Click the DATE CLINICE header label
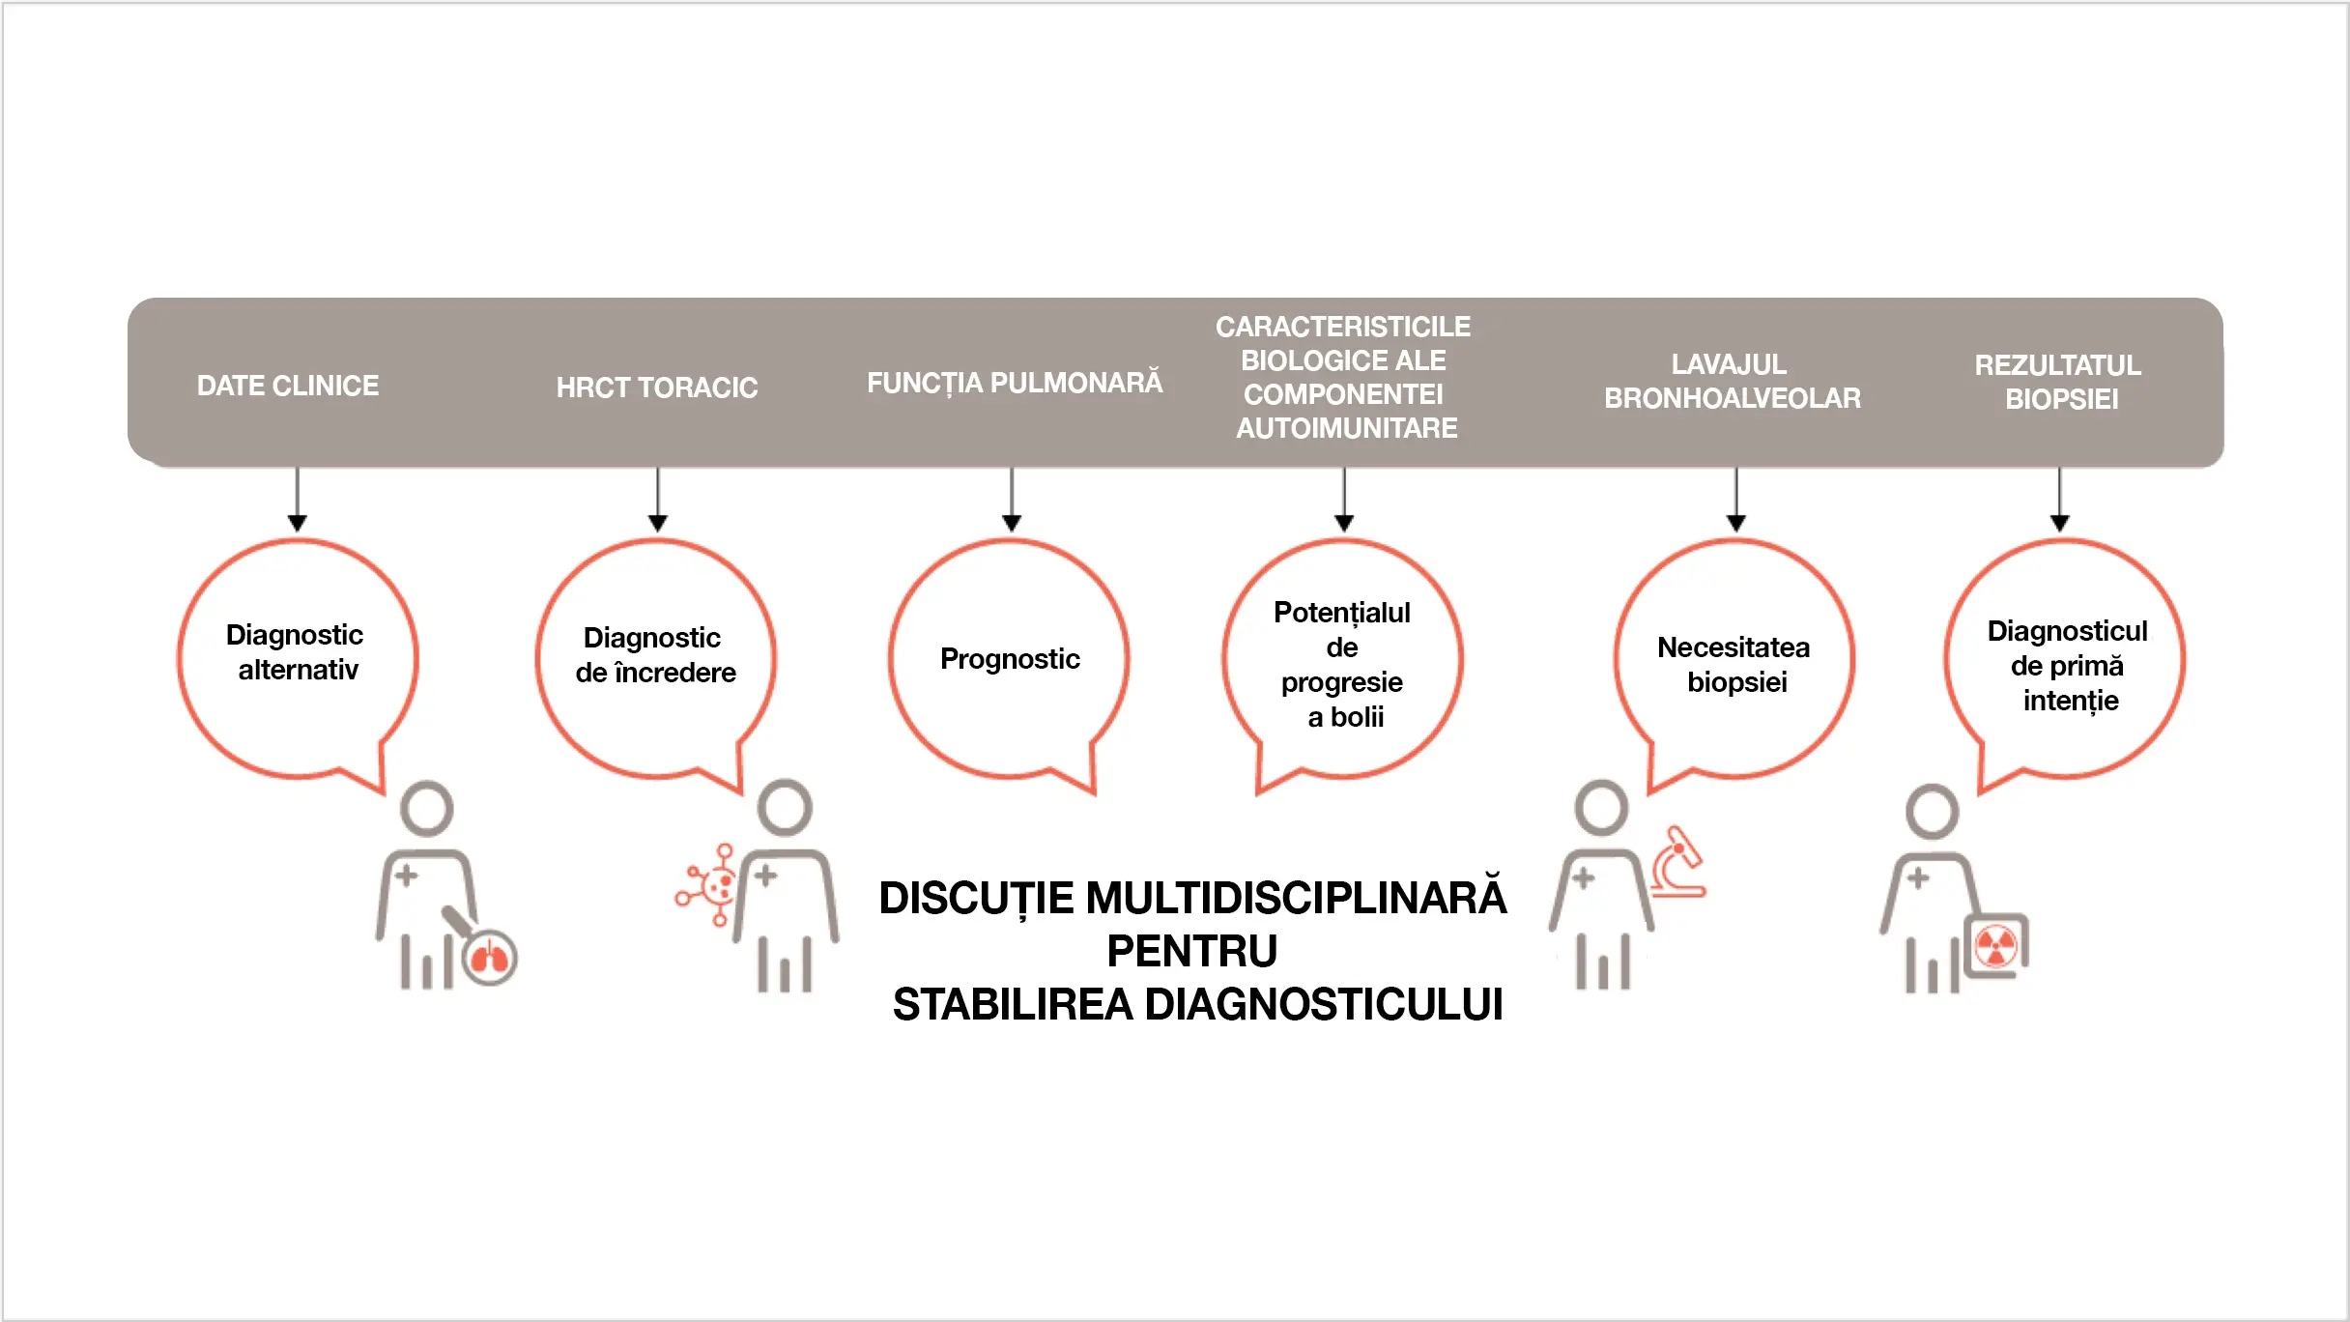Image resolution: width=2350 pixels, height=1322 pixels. point(287,386)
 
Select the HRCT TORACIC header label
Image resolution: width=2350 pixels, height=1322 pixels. point(657,388)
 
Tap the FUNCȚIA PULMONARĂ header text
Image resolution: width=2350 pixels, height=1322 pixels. point(1015,383)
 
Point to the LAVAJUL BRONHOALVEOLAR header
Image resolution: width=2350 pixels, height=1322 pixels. point(1732,381)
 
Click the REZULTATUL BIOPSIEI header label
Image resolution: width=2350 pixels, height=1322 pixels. point(2058,382)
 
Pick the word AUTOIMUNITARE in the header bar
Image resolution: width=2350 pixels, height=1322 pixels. point(1346,428)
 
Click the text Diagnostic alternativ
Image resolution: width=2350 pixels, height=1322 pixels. point(297,652)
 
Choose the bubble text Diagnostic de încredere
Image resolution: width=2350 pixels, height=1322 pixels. point(655,655)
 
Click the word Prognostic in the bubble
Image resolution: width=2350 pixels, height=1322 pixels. point(1010,659)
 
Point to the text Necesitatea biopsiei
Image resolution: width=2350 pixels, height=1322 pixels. point(1734,665)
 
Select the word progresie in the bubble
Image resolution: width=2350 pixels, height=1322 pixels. point(1341,682)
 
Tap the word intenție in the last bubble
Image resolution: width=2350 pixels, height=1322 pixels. point(2071,701)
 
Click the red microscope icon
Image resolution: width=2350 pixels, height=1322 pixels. point(1677,862)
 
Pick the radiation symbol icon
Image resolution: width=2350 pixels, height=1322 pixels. point(1995,946)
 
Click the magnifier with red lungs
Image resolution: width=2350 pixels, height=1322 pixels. point(489,957)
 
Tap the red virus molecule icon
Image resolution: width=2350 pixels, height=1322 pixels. point(709,885)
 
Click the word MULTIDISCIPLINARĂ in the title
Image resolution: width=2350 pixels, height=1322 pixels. point(1296,898)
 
